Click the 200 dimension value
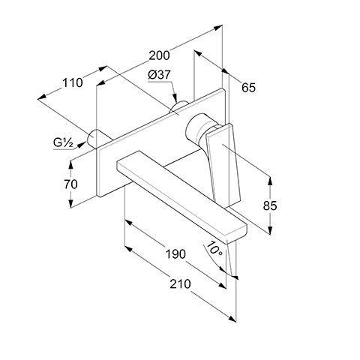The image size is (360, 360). pos(159,55)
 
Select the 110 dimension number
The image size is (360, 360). pos(72,82)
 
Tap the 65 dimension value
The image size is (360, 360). pos(248,88)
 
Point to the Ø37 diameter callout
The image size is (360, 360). pos(159,75)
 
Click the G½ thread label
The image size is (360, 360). pos(63,142)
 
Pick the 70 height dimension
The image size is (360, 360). pos(70,184)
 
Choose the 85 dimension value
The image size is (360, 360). pos(270,205)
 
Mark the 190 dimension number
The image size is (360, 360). pos(175,254)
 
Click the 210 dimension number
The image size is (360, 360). pos(180,284)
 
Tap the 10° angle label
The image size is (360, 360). pos(214,248)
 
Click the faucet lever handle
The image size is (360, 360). pos(223,163)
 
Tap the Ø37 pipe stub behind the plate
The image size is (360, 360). pos(178,106)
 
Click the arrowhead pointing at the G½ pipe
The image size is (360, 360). pos(81,144)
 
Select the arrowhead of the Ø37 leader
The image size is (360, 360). pos(175,98)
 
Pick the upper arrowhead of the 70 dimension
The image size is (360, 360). pos(71,163)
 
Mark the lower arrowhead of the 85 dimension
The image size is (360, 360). pos(270,230)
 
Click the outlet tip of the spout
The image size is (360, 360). pos(236,238)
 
